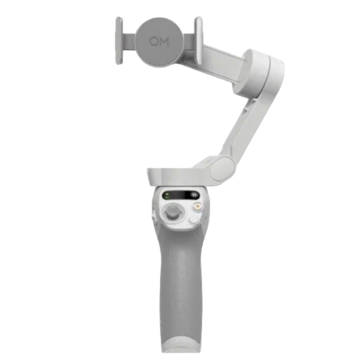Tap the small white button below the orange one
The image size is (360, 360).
coord(193,221)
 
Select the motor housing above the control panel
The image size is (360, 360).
coord(174,176)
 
